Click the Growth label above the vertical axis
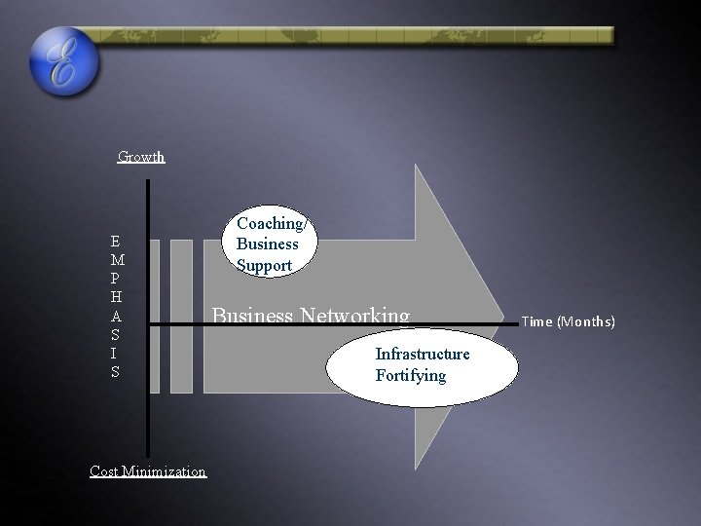pyautogui.click(x=141, y=157)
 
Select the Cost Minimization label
pyautogui.click(x=148, y=471)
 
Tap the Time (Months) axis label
pyautogui.click(x=569, y=320)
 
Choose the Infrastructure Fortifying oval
pyautogui.click(x=423, y=364)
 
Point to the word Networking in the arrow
pyautogui.click(x=355, y=315)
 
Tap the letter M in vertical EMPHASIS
pyautogui.click(x=116, y=260)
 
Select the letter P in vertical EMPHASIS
pyautogui.click(x=116, y=279)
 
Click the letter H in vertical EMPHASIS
pyautogui.click(x=116, y=297)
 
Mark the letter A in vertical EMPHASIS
pyautogui.click(x=116, y=316)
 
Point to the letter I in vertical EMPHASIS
pyautogui.click(x=116, y=353)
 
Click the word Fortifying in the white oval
pyautogui.click(x=410, y=375)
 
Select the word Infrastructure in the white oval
pyautogui.click(x=423, y=355)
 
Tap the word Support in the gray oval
pyautogui.click(x=264, y=264)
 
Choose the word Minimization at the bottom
pyautogui.click(x=167, y=471)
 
